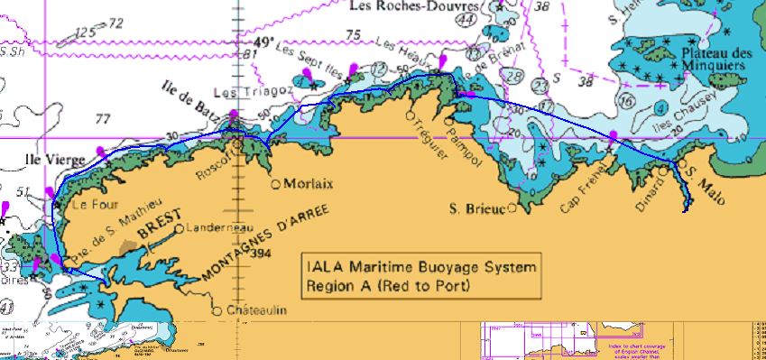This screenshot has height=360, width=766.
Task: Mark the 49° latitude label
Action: click(x=262, y=42)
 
